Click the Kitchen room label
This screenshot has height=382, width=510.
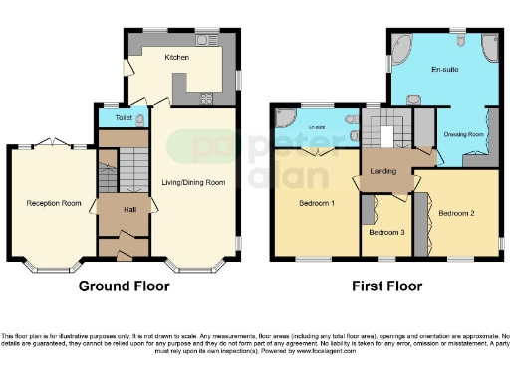176,58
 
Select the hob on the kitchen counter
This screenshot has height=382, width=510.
209,96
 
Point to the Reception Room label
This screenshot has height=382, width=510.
53,203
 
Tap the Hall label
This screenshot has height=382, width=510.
129,210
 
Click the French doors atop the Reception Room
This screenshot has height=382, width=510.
62,142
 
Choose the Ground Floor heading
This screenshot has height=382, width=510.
124,286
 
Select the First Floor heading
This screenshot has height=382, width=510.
385,286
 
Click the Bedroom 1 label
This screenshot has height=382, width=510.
317,204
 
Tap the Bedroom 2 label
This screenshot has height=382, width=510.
455,212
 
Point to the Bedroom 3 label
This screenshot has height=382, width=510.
385,233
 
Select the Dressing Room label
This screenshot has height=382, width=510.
462,133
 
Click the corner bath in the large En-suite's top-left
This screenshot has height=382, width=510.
400,46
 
